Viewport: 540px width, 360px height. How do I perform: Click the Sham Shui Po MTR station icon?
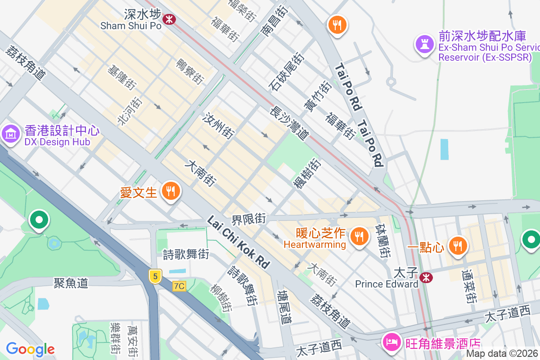point(169,19)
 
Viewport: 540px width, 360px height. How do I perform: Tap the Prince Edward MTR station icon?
point(424,277)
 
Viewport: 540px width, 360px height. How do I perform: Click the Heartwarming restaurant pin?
point(359,236)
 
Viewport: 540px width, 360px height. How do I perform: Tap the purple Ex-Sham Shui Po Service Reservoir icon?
point(424,44)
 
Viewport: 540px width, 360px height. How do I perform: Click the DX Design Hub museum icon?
point(10,134)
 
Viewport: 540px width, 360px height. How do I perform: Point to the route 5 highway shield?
point(155,276)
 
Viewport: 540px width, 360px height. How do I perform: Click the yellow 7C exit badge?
point(179,286)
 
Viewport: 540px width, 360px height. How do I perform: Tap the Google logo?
point(30,349)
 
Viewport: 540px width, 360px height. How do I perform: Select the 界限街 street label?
point(248,220)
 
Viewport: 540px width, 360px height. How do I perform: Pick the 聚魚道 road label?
point(71,283)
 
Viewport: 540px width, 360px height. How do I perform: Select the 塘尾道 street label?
point(285,307)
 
